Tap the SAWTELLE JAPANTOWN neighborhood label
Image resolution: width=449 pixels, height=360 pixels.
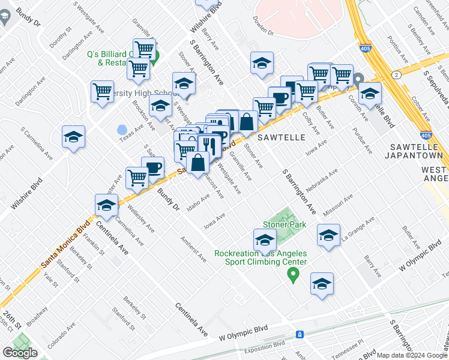[x=416, y=151]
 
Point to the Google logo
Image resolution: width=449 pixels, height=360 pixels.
[x=20, y=353]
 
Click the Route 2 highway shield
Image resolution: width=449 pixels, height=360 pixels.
[x=397, y=74]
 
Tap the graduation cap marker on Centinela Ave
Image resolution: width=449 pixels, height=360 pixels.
[x=106, y=206]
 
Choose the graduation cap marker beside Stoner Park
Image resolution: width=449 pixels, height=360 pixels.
[x=264, y=241]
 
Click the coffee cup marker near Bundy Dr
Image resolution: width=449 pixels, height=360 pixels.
[x=153, y=168]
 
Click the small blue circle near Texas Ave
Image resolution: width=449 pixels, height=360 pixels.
[x=122, y=129]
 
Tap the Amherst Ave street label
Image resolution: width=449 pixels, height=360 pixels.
[x=194, y=248]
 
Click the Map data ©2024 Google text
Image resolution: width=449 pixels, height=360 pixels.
[x=412, y=355]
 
